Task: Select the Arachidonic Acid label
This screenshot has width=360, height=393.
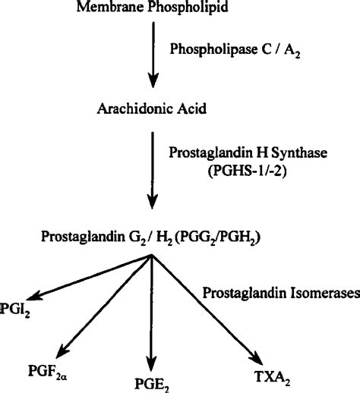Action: [x=153, y=109]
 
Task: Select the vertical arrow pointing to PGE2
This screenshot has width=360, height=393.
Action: [x=153, y=311]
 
